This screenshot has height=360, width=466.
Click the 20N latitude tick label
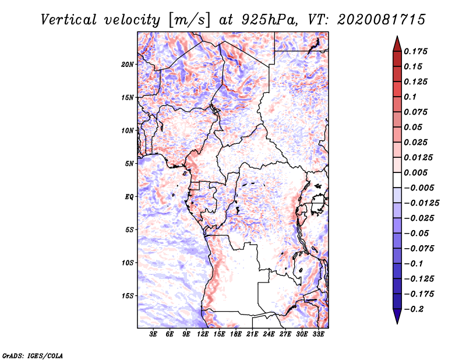pyautogui.click(x=128, y=64)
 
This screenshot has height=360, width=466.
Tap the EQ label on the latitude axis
pyautogui.click(x=129, y=196)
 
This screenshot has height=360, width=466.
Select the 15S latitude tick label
pyautogui.click(x=128, y=295)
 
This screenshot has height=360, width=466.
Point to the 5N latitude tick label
pyautogui.click(x=129, y=164)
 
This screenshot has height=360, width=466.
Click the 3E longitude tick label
pyautogui.click(x=153, y=334)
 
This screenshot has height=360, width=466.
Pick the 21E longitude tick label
pyautogui.click(x=252, y=334)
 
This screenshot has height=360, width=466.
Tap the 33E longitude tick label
pyautogui.click(x=318, y=334)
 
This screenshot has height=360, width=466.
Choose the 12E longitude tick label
pyautogui.click(x=203, y=334)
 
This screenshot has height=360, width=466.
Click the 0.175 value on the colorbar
pyautogui.click(x=415, y=51)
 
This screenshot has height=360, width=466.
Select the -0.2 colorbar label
pyautogui.click(x=414, y=309)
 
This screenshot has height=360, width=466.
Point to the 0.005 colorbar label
pyautogui.click(x=415, y=172)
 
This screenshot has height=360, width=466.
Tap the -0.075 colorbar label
pyautogui.click(x=419, y=248)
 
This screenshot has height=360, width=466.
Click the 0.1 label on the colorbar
pyautogui.click(x=410, y=97)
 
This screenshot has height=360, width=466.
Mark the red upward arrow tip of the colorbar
pyautogui.click(x=397, y=36)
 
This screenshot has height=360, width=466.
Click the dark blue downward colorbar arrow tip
pyautogui.click(x=397, y=323)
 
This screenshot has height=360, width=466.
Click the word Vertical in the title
pyautogui.click(x=69, y=20)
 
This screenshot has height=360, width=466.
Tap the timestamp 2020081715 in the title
pyautogui.click(x=382, y=20)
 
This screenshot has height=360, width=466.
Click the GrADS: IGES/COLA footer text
pyautogui.click(x=33, y=355)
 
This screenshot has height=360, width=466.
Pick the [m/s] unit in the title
pyautogui.click(x=189, y=20)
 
